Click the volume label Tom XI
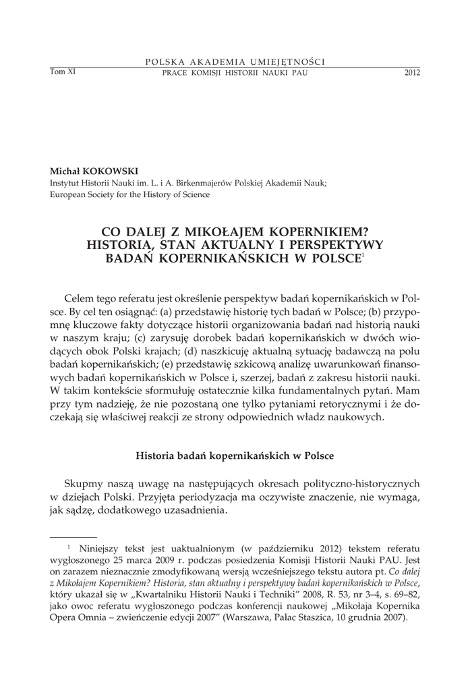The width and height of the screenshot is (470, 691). point(62,72)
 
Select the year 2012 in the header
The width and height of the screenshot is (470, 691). point(411,72)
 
